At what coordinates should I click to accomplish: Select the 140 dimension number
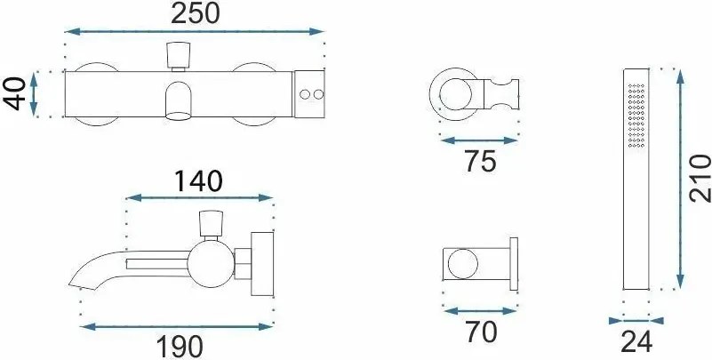[x=199, y=181]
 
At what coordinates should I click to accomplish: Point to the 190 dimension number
[x=180, y=348]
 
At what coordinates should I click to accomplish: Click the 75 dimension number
[x=480, y=161]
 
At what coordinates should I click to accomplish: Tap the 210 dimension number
[x=700, y=178]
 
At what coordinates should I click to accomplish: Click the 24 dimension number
[x=636, y=342]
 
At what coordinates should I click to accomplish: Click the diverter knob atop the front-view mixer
[x=178, y=56]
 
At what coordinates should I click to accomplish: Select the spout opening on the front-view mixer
[x=178, y=116]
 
